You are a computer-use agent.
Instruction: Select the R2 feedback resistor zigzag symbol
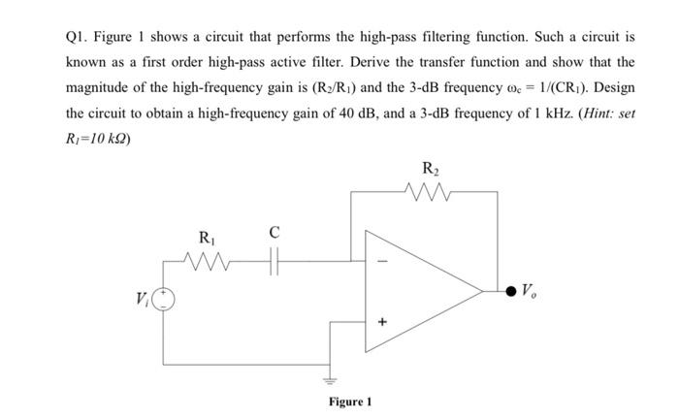click(427, 192)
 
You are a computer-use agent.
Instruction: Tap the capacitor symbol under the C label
click(275, 259)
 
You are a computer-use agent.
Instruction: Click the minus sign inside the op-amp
click(380, 259)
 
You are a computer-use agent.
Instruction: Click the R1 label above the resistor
click(207, 237)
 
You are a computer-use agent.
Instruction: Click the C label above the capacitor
click(275, 233)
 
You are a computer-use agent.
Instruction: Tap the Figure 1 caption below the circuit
click(349, 402)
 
